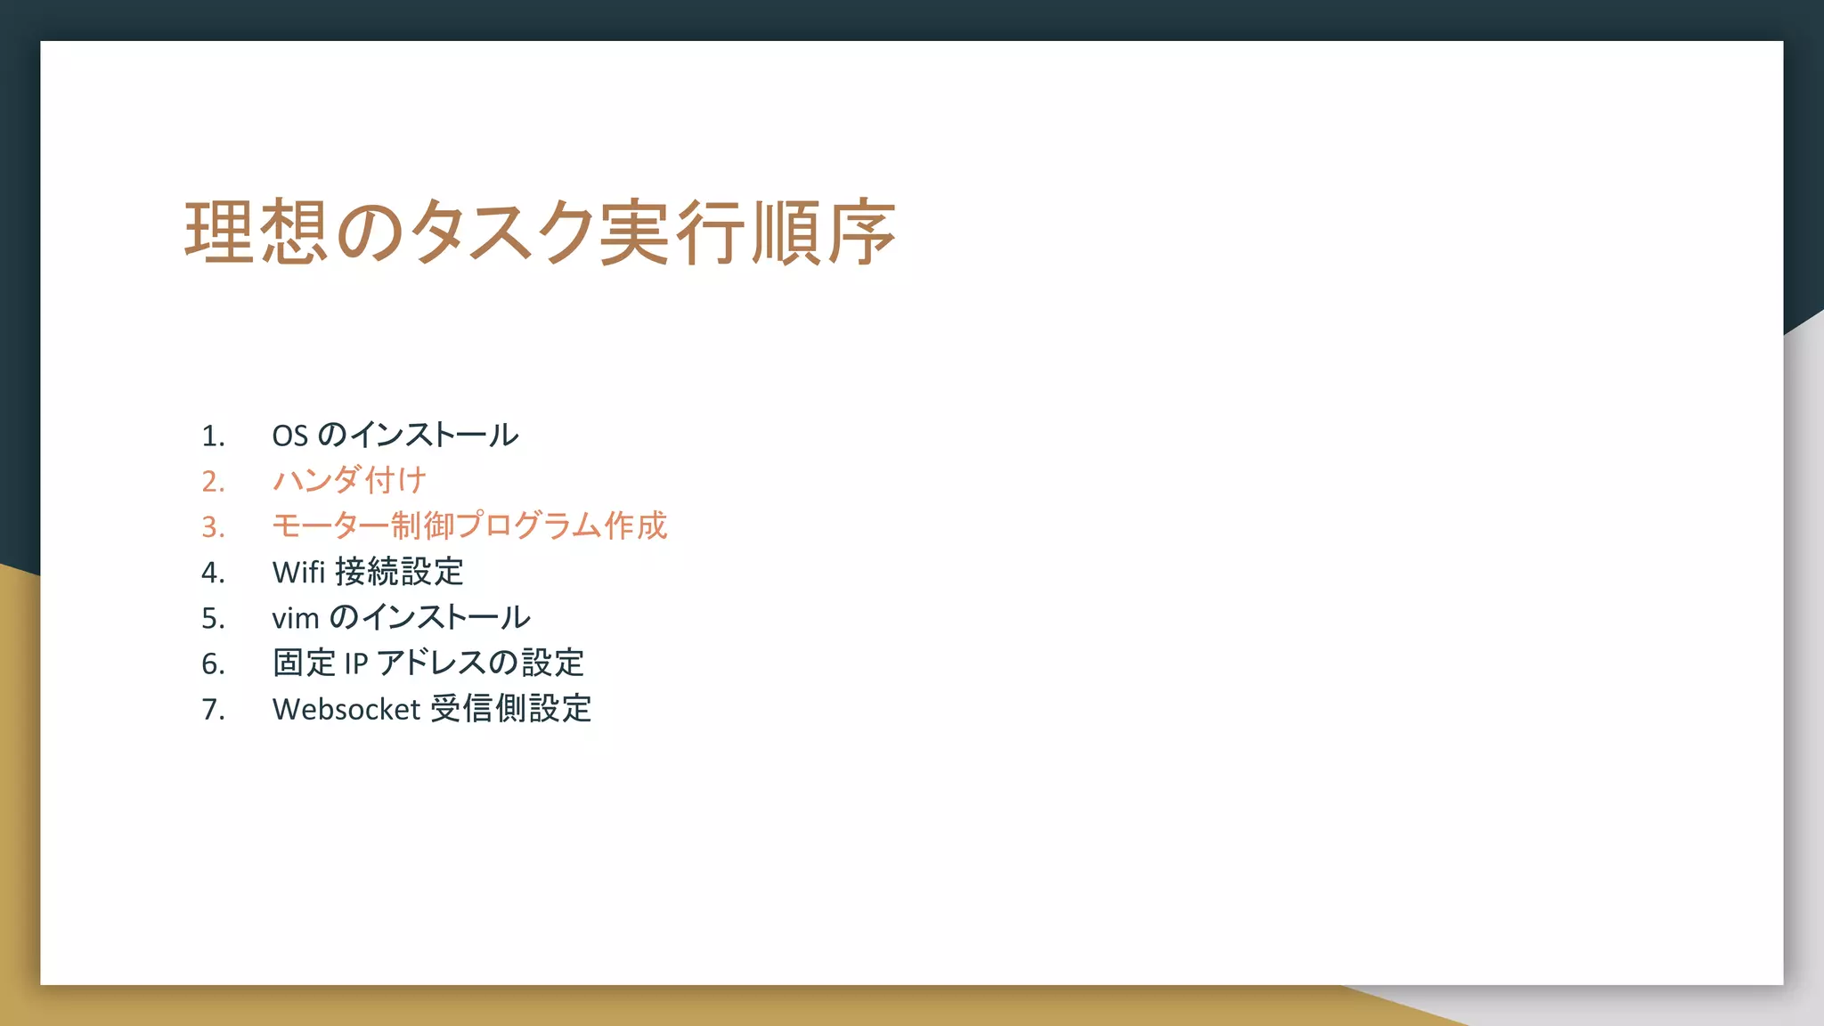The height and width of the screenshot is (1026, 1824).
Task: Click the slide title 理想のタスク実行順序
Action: (540, 232)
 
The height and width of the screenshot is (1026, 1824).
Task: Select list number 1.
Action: (212, 436)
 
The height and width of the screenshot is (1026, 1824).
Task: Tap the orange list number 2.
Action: (212, 481)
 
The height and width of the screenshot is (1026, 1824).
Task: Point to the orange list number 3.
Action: (212, 526)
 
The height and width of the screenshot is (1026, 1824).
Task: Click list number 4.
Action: (212, 572)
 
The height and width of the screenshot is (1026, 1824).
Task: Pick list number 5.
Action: (212, 618)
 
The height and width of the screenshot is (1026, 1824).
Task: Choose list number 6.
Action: (212, 664)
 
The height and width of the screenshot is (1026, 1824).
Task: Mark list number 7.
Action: (212, 709)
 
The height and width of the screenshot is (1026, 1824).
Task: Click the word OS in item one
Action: (289, 436)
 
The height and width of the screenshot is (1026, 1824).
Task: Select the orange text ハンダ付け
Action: (349, 480)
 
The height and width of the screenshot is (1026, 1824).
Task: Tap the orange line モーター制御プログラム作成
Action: (469, 525)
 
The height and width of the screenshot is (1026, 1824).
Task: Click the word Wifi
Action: (298, 572)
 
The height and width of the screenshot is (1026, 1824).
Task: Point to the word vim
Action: (295, 618)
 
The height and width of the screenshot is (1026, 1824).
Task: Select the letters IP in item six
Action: (355, 664)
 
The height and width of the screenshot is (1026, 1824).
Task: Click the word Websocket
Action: (346, 709)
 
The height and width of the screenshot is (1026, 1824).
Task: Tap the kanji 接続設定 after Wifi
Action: (399, 572)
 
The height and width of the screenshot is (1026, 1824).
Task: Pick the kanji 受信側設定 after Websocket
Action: (511, 709)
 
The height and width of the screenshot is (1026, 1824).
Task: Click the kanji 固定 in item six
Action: (304, 664)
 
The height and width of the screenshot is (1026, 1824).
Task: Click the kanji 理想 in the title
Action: (256, 232)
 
